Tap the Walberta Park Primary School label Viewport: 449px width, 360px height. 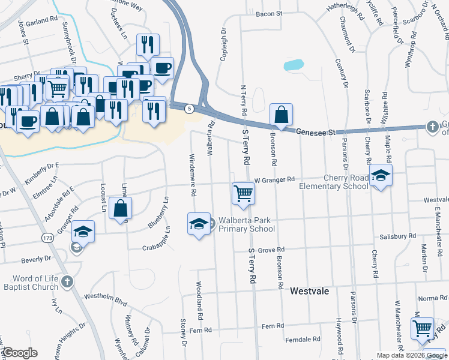coord(247,224)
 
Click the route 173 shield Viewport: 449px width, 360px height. coord(47,238)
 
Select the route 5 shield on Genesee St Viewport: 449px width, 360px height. coord(190,108)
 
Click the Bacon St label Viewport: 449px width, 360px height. coord(268,14)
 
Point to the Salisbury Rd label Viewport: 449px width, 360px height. coord(397,236)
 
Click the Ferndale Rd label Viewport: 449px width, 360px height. coord(301,340)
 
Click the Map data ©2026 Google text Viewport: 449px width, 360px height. coord(411,355)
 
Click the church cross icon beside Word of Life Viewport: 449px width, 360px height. coord(67,280)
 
